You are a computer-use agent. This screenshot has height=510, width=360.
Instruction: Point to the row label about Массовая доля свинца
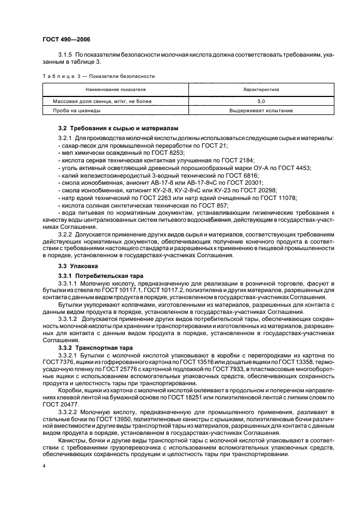pos(95,101)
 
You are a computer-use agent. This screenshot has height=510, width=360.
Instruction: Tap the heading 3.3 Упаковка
pos(78,265)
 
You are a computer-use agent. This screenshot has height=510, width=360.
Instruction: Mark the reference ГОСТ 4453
pos(308,169)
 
